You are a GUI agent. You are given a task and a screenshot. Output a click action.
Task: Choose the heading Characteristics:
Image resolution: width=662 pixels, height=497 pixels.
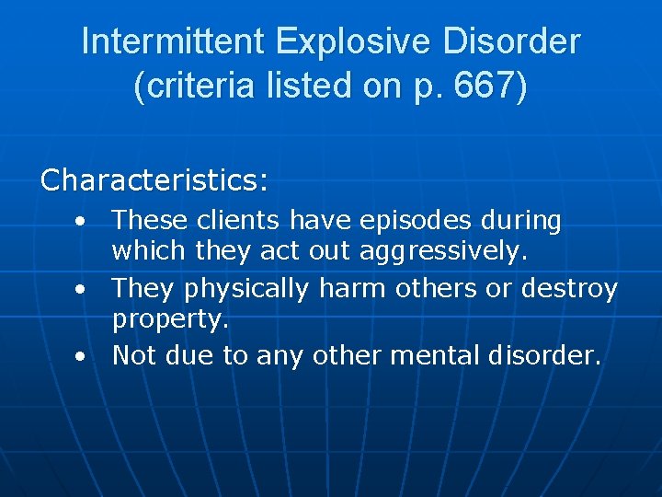pyautogui.click(x=154, y=179)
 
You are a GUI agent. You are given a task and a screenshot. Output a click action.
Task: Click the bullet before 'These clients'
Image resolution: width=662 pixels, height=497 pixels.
pyautogui.click(x=83, y=223)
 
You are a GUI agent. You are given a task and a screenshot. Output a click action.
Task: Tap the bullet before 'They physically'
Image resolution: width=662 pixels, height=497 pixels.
pyautogui.click(x=83, y=291)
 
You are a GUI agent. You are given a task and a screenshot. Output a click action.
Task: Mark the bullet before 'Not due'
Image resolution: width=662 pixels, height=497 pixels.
pyautogui.click(x=83, y=357)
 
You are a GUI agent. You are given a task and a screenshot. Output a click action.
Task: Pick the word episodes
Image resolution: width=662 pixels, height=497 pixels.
pyautogui.click(x=402, y=221)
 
